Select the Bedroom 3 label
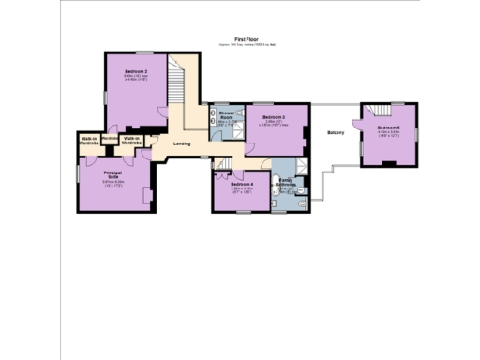(273, 117)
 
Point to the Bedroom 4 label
(243, 184)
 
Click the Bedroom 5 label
(388, 127)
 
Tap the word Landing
(183, 143)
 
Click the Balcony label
(336, 132)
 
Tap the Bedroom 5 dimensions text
(388, 134)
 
